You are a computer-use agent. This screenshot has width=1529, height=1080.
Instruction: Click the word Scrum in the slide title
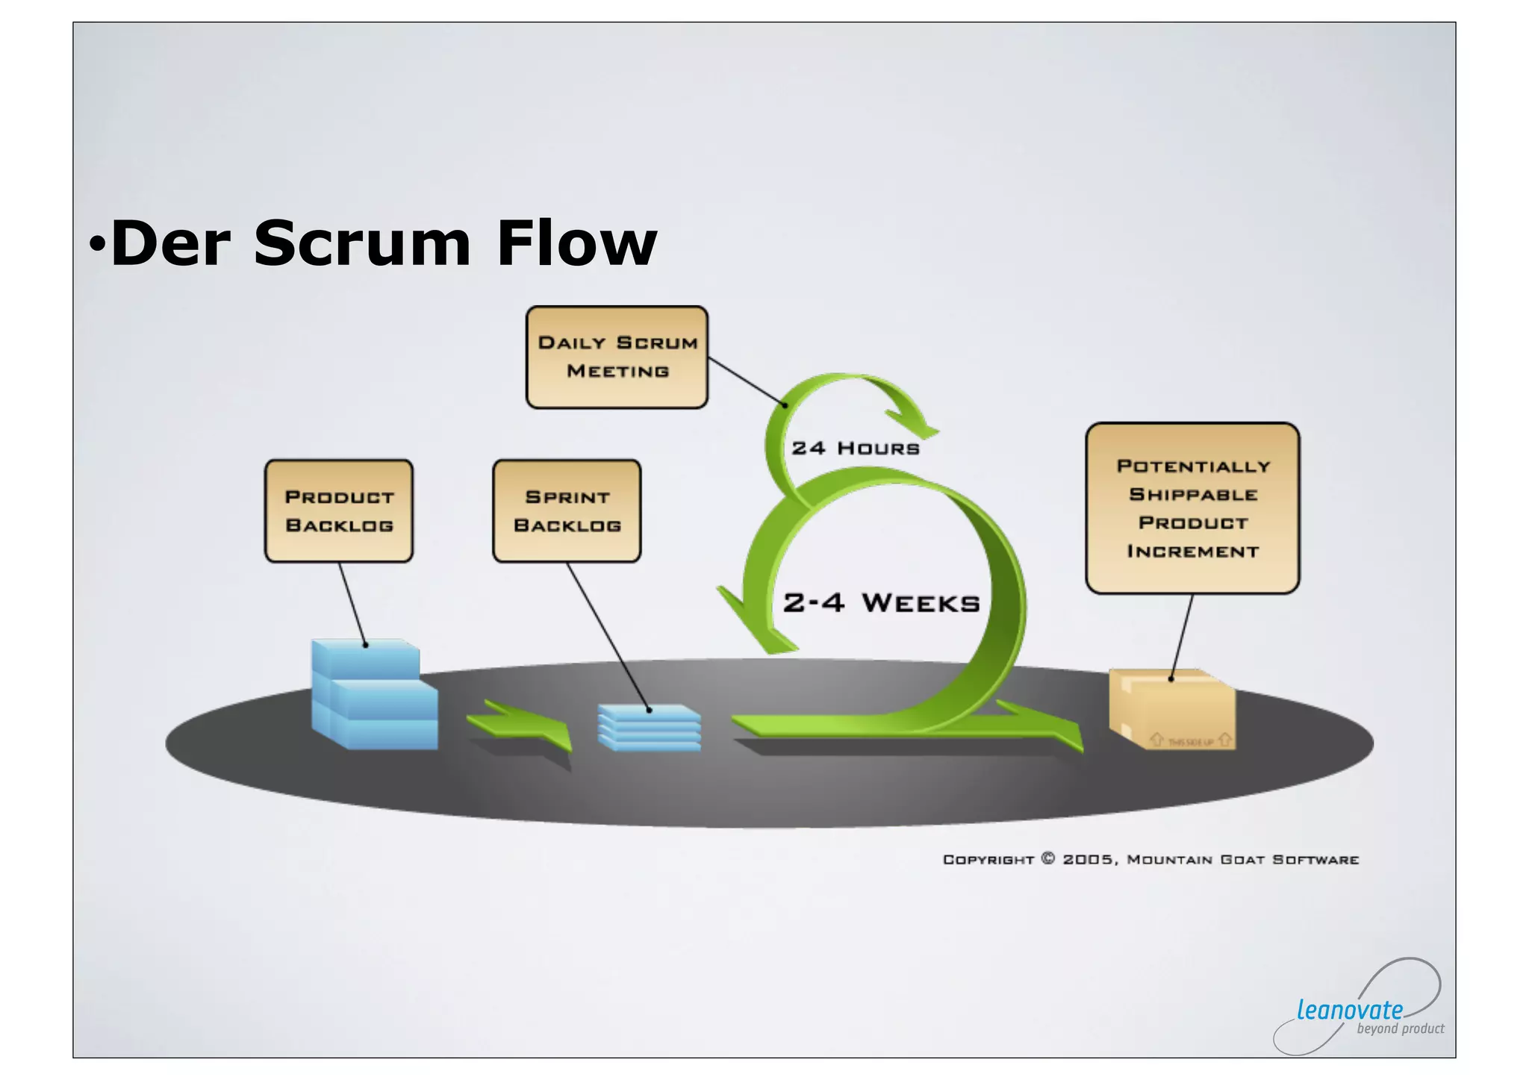361,243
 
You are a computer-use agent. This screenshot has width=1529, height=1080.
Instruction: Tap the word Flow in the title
576,243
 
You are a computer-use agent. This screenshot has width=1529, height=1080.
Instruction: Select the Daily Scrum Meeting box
617,357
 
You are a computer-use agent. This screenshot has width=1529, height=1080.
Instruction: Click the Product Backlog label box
339,511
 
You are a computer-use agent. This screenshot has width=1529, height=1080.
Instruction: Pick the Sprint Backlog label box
567,511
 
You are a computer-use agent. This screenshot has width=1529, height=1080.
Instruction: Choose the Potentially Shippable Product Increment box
1192,508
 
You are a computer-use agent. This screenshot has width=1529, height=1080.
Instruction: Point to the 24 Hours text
856,449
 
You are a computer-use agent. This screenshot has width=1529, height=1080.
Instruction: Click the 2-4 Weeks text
881,603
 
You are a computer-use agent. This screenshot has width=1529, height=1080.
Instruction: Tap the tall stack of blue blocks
373,694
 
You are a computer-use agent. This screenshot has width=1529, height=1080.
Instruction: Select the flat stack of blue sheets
649,727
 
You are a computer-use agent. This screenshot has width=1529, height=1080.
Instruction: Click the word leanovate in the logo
1349,1010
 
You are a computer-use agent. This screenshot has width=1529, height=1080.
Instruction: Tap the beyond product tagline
1400,1029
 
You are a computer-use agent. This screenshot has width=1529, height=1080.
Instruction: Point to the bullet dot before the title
97,243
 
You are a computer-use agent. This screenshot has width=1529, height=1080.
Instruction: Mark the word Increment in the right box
1192,552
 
